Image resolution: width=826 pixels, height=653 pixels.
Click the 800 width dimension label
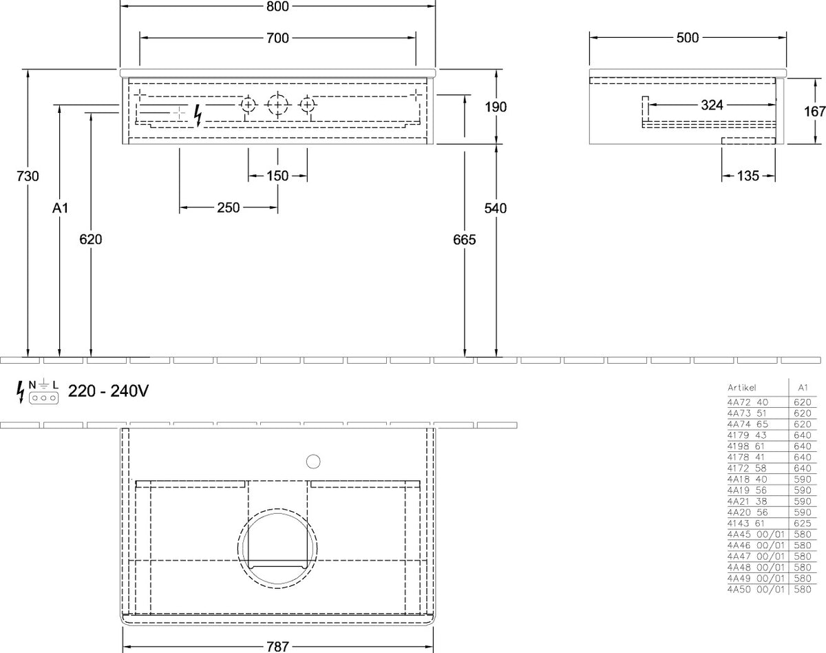[x=277, y=6]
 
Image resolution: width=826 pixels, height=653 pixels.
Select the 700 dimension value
[x=277, y=38]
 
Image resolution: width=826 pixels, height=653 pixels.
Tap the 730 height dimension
[x=28, y=176]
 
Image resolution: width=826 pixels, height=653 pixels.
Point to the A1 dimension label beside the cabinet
[x=60, y=208]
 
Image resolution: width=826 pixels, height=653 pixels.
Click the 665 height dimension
[x=465, y=240]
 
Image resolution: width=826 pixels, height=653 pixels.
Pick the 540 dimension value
[x=496, y=208]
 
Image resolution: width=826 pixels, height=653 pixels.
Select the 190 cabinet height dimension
[x=496, y=107]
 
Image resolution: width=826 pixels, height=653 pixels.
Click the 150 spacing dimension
[x=277, y=176]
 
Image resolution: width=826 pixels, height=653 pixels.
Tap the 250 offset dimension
[x=229, y=208]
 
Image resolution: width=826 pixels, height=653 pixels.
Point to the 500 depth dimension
[x=688, y=38]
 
